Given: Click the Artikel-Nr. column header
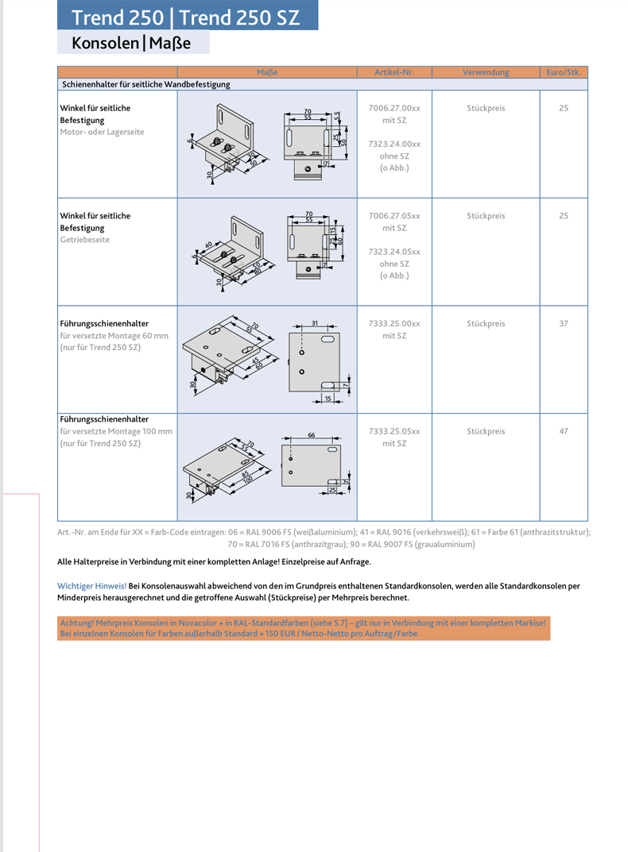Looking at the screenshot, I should [394, 72].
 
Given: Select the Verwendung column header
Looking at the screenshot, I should [486, 72].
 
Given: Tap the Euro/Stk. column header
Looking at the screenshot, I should [564, 72].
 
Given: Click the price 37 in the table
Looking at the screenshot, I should [564, 324].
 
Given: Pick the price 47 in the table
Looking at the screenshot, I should [564, 431].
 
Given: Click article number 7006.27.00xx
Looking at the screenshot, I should [394, 108].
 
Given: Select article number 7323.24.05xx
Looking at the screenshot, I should [394, 252].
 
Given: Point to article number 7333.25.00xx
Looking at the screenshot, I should [394, 324].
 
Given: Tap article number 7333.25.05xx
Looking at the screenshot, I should [394, 431].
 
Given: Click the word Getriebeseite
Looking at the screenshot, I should [85, 240].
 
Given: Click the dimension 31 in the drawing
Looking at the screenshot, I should [315, 323].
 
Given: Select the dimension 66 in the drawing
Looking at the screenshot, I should [312, 435].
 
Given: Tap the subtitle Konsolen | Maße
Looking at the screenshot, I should [131, 43].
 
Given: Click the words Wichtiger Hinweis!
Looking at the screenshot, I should [92, 586].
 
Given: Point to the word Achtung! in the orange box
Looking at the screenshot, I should [76, 623].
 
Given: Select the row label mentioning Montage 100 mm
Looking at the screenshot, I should [116, 431].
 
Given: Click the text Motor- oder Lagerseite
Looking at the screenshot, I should [103, 132].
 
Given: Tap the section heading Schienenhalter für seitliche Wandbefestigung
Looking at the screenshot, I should [145, 84].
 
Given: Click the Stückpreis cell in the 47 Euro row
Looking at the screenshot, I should [486, 431].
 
